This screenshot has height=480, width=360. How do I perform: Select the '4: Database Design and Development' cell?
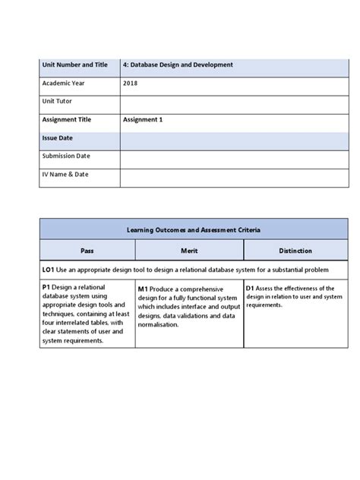178,65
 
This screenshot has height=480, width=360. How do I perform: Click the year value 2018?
131,84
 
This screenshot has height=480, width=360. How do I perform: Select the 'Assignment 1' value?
143,119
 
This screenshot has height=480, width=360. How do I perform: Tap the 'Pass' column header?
87,250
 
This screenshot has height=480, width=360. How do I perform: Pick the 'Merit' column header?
189,250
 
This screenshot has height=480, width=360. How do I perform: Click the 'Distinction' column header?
295,250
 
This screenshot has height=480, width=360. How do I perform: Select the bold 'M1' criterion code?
144,289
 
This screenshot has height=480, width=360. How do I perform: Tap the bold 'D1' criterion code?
250,289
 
